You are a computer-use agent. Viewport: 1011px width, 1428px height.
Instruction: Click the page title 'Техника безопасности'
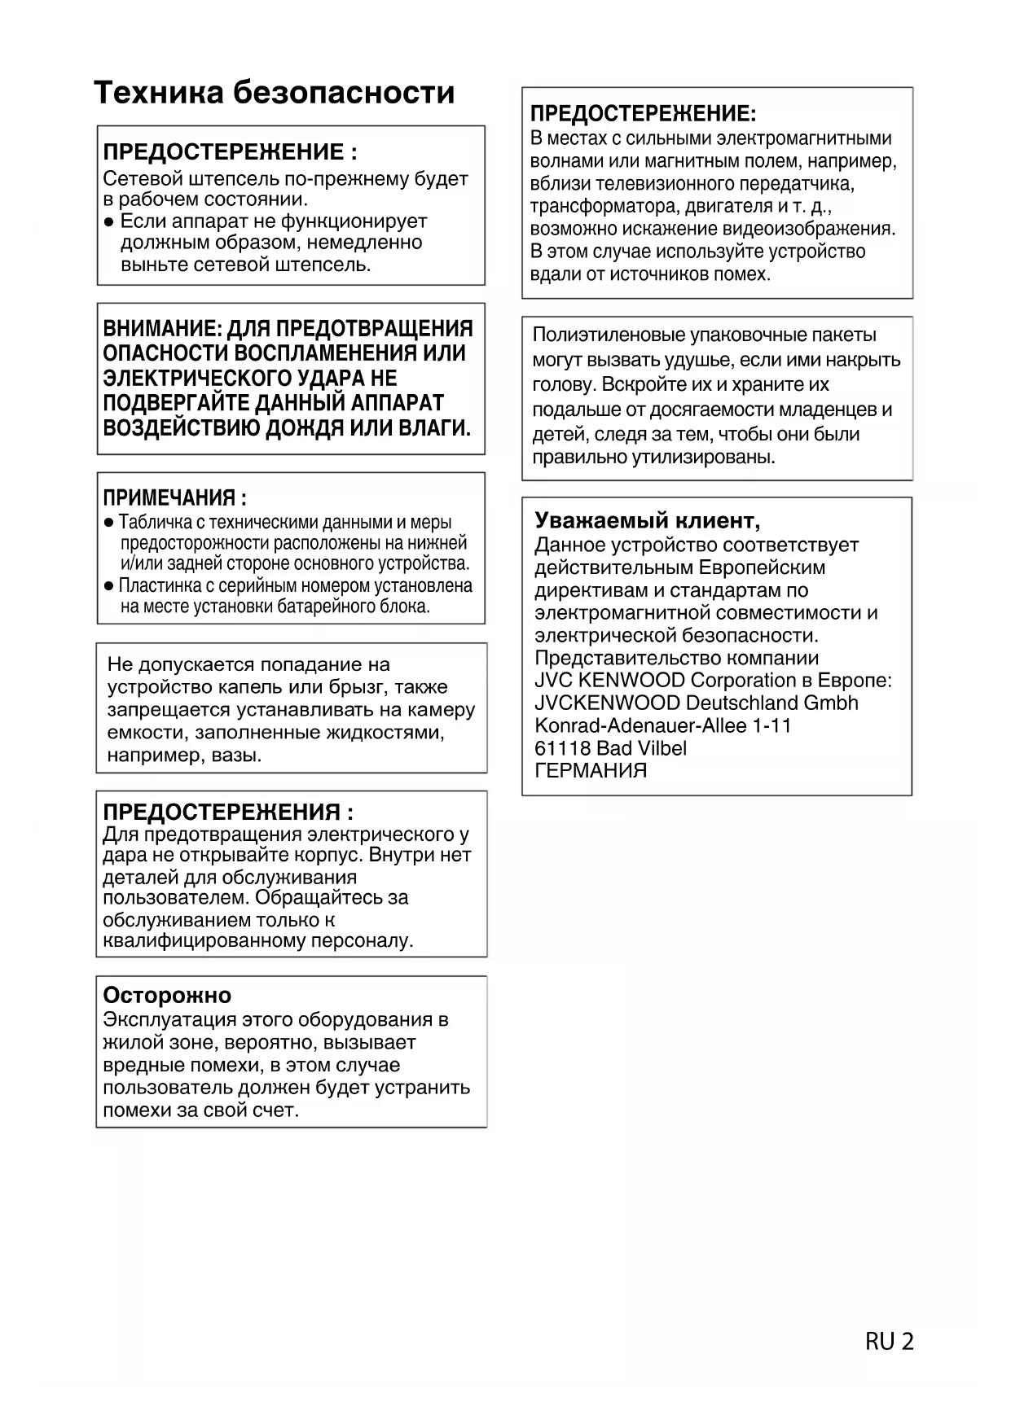coord(274,93)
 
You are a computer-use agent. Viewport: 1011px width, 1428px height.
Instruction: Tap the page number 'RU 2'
coord(889,1341)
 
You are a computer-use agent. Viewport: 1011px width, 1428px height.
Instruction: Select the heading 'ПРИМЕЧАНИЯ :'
coord(174,497)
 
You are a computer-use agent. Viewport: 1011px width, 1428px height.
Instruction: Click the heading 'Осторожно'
coord(167,995)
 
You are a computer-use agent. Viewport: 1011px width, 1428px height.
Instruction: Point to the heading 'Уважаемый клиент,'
coord(647,520)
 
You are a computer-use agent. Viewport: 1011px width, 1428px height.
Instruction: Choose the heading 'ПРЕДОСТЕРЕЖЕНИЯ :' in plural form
coord(228,812)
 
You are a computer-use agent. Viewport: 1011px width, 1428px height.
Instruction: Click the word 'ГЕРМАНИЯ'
coord(591,770)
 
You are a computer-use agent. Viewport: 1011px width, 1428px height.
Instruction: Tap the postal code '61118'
coord(562,747)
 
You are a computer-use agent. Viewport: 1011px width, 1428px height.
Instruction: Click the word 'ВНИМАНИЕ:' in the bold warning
coord(161,329)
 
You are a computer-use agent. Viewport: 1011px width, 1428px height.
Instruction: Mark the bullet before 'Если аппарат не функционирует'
coord(109,222)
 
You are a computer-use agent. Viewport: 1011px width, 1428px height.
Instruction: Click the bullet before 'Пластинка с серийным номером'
coord(109,586)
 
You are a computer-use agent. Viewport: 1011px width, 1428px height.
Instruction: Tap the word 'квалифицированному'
coord(204,941)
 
